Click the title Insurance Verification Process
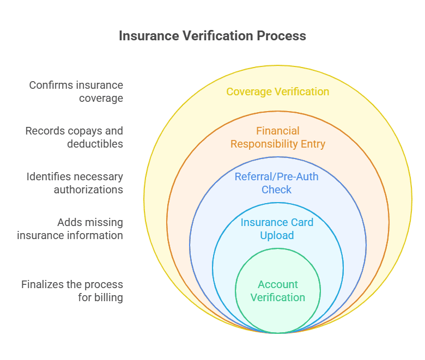click(x=212, y=36)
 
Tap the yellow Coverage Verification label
click(x=278, y=91)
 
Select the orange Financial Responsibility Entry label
click(x=278, y=137)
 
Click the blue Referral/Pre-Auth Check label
click(x=277, y=183)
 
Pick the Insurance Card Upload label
click(x=277, y=229)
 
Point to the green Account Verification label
click(x=278, y=291)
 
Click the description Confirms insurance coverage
click(x=76, y=91)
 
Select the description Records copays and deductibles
click(x=75, y=137)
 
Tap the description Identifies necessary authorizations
click(x=75, y=183)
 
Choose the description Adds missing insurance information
click(x=70, y=229)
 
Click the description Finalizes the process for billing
click(x=72, y=291)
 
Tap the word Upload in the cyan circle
click(x=277, y=235)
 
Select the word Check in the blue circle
click(x=277, y=190)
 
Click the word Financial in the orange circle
click(x=278, y=131)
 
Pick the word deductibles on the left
click(x=95, y=144)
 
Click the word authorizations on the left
click(x=88, y=190)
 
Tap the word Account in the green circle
click(x=278, y=284)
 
